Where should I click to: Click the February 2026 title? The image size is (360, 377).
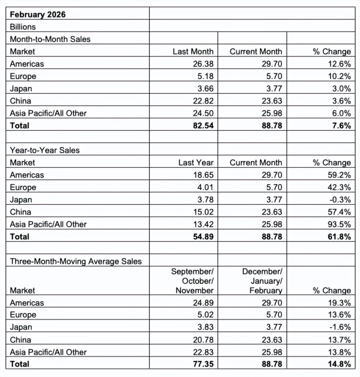[38, 15]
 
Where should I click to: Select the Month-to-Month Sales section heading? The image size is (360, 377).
[50, 39]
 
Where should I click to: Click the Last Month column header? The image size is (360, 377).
[193, 52]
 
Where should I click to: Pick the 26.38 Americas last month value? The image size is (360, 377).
[203, 64]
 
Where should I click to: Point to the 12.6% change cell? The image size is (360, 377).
[338, 64]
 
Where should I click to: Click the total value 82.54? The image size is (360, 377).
[203, 126]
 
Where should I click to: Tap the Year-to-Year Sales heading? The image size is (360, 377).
[45, 150]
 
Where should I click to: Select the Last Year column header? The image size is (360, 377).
[196, 163]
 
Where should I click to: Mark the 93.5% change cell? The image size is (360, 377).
[338, 224]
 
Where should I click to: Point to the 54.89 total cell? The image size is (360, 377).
[203, 237]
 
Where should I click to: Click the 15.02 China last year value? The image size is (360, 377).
[203, 212]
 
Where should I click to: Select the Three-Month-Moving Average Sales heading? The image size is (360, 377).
[76, 261]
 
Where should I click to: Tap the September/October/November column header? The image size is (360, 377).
[192, 281]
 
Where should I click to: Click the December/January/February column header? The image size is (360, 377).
[262, 281]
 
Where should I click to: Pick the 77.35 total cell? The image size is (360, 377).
[203, 364]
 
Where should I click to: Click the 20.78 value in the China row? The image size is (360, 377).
[203, 340]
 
